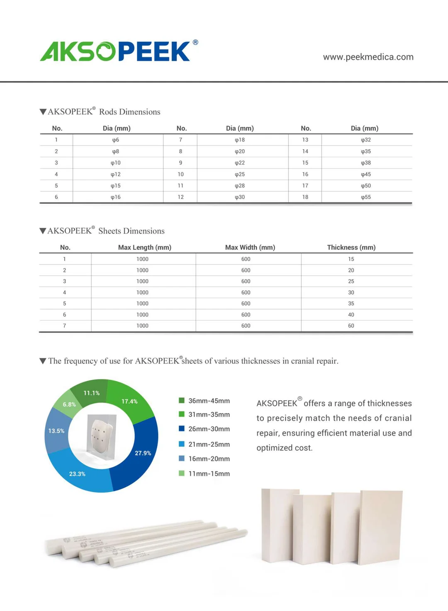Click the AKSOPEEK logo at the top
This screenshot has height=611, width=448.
pos(118,51)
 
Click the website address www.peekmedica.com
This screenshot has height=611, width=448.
pos(368,57)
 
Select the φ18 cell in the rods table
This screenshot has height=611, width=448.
pos(240,140)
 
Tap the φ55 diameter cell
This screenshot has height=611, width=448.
pos(365,197)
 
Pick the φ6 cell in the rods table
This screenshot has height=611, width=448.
pos(116,140)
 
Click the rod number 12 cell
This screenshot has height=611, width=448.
pos(180,197)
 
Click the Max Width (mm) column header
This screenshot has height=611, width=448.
pos(250,247)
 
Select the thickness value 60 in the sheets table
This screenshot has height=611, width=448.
pos(351,326)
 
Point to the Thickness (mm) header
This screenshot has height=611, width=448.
pos(351,247)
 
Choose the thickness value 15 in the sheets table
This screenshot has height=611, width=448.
pos(351,259)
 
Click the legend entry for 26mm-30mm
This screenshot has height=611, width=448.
pos(209,429)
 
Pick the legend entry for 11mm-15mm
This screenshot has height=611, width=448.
pos(209,473)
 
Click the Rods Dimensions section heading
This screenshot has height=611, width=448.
pos(104,112)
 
